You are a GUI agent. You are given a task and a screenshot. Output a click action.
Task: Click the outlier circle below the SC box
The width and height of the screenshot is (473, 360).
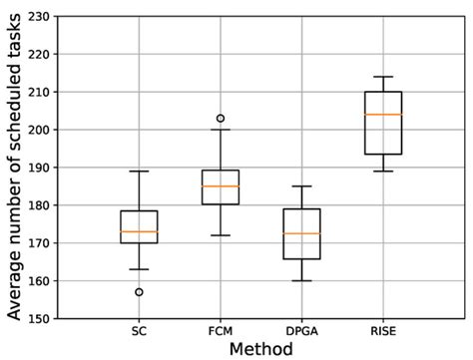tap(139, 292)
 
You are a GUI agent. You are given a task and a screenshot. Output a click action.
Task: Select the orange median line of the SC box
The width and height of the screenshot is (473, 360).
tap(139, 231)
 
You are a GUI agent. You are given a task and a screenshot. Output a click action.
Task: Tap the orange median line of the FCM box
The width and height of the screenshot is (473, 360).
tap(221, 186)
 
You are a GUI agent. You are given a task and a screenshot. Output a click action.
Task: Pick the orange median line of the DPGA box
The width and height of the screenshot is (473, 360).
tap(301, 233)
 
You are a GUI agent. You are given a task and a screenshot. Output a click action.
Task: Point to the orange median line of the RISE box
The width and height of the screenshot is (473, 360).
tap(383, 115)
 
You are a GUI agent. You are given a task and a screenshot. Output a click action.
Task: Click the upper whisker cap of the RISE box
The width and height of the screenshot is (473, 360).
tap(383, 77)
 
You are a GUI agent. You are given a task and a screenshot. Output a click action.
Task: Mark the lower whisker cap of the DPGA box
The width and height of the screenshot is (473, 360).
tap(301, 281)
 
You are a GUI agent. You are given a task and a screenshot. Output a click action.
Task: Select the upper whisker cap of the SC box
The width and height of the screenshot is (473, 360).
tap(139, 172)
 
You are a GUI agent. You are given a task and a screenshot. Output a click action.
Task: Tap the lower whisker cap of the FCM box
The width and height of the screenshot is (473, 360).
tap(221, 235)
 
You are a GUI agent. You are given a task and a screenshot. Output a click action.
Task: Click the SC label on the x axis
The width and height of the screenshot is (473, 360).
tap(139, 330)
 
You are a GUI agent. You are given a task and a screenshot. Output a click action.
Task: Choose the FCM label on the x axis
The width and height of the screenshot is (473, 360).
tap(221, 330)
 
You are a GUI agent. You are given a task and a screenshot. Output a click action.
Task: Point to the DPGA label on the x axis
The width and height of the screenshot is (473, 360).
tap(301, 330)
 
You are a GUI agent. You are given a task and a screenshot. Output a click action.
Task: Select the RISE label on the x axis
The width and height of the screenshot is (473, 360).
tap(383, 330)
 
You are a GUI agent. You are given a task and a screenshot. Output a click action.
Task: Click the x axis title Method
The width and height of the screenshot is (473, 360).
tap(260, 349)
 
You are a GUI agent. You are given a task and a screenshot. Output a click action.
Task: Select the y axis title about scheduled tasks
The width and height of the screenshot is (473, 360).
tap(13, 168)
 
